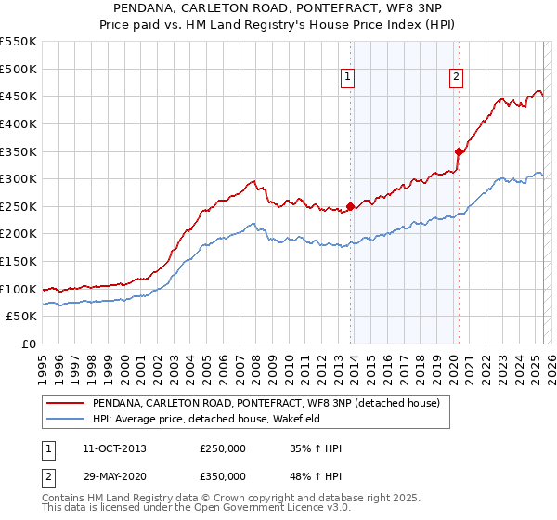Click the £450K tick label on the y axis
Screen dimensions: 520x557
(19, 96)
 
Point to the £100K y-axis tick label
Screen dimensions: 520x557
(19, 289)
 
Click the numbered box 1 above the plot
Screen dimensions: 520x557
(347, 78)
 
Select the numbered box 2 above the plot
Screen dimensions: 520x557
(457, 78)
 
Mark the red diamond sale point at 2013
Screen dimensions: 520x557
(350, 207)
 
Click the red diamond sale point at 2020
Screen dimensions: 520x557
(459, 151)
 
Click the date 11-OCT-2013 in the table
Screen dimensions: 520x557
(114, 448)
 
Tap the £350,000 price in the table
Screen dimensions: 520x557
(223, 476)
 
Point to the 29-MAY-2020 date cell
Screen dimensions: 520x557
(114, 476)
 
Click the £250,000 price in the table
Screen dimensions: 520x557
(223, 448)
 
